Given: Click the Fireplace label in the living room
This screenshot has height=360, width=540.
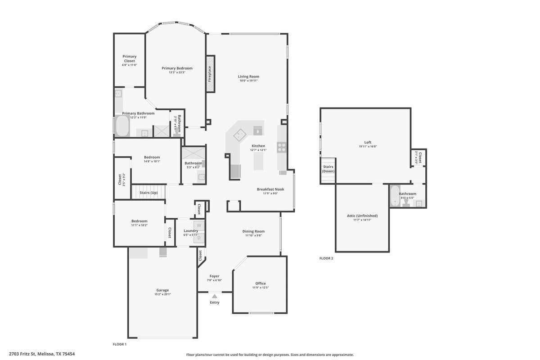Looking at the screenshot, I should (210, 74).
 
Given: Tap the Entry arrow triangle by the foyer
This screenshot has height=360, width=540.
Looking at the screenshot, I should (215, 296).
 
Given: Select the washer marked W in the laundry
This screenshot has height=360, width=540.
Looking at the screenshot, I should (199, 225).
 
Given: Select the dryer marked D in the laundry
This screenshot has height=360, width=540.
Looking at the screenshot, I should (199, 238).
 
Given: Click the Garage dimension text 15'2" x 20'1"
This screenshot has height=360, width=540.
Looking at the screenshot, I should (162, 295).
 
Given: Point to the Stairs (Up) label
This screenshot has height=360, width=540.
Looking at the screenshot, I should (148, 193).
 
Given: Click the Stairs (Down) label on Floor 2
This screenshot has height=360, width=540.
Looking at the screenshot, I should (328, 169).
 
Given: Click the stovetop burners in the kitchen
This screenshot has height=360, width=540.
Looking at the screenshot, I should (282, 146).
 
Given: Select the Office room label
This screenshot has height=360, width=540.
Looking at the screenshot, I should (260, 283).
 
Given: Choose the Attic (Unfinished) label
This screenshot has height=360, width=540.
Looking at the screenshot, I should (362, 216).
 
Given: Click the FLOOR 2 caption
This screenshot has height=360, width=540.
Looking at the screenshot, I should (326, 258).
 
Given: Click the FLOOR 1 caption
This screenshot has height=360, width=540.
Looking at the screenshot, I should (120, 344).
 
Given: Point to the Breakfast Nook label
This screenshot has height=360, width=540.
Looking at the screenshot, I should (270, 189).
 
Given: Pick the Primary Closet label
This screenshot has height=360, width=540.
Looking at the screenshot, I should (130, 58).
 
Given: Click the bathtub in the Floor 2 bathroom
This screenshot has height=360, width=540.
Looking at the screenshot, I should (395, 196).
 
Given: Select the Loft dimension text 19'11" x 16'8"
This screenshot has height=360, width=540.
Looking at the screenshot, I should (368, 146).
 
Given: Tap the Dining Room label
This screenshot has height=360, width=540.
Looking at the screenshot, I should (253, 231).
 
